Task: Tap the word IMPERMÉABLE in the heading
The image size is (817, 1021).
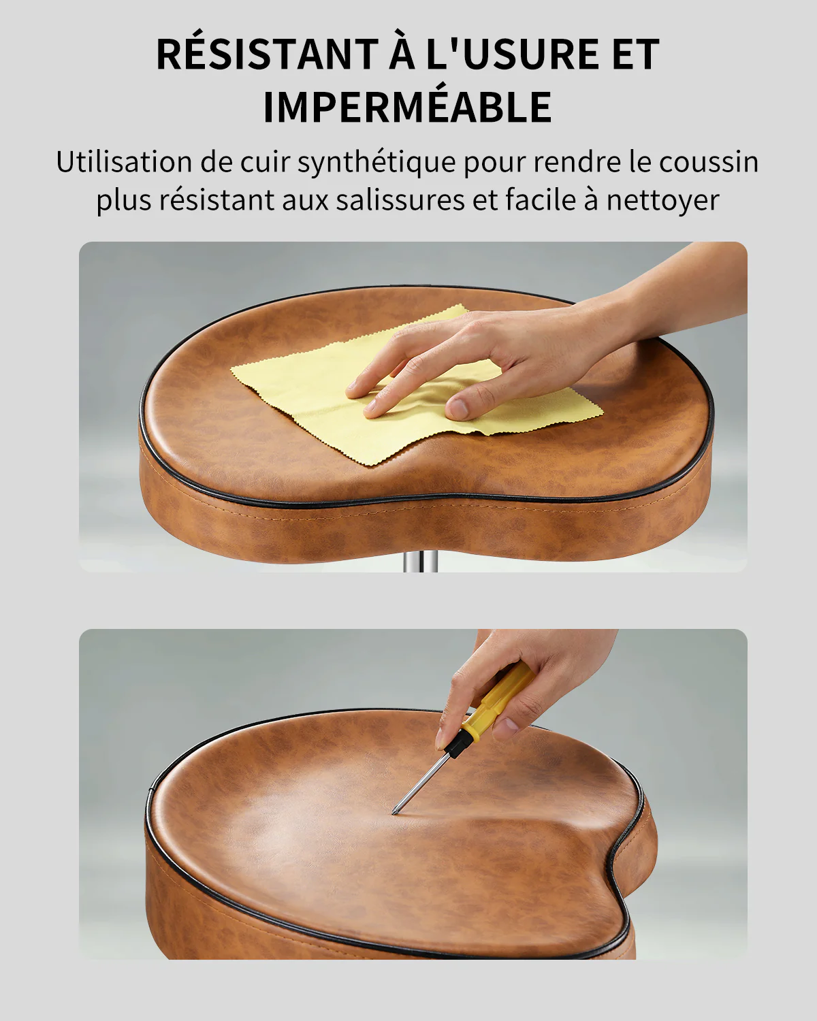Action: tap(408, 106)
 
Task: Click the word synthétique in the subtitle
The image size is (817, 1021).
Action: tap(377, 163)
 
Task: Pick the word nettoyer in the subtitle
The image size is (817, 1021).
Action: tap(662, 201)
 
